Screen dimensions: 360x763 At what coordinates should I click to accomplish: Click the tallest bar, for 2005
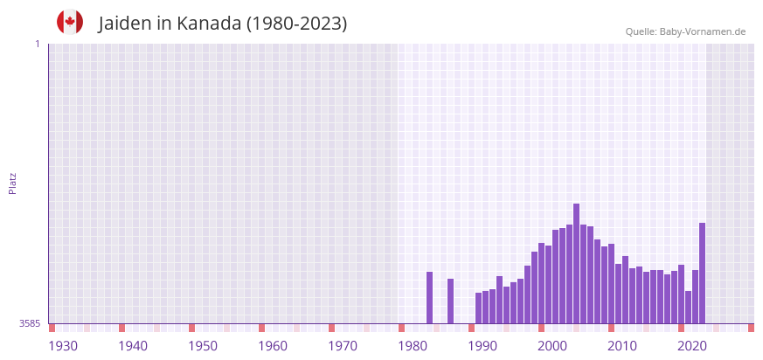pyautogui.click(x=577, y=263)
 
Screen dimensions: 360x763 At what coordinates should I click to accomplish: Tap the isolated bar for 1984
pyautogui.click(x=430, y=297)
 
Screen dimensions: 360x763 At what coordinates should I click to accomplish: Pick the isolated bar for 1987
pyautogui.click(x=451, y=301)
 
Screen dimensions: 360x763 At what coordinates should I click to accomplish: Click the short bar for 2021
pyautogui.click(x=689, y=307)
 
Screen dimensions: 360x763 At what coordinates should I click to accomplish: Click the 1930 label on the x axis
pyautogui.click(x=63, y=346)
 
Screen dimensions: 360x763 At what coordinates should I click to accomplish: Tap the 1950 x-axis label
pyautogui.click(x=203, y=346)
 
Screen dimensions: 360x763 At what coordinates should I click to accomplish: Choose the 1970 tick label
pyautogui.click(x=343, y=346)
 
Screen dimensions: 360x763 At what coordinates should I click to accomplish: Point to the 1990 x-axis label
pyautogui.click(x=482, y=346)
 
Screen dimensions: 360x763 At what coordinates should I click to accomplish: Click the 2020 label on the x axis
pyautogui.click(x=692, y=346)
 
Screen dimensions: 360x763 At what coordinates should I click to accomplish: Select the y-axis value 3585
pyautogui.click(x=29, y=323)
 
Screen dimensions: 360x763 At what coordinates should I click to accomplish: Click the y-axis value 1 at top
pyautogui.click(x=37, y=44)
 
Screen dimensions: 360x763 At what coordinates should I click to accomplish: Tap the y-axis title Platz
pyautogui.click(x=13, y=183)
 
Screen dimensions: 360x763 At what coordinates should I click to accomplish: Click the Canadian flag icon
pyautogui.click(x=70, y=22)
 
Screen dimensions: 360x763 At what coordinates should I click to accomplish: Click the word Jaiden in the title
pyautogui.click(x=126, y=24)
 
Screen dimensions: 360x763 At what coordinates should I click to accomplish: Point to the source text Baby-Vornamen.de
pyautogui.click(x=703, y=31)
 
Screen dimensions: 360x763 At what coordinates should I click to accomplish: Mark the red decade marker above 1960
pyautogui.click(x=261, y=328)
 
